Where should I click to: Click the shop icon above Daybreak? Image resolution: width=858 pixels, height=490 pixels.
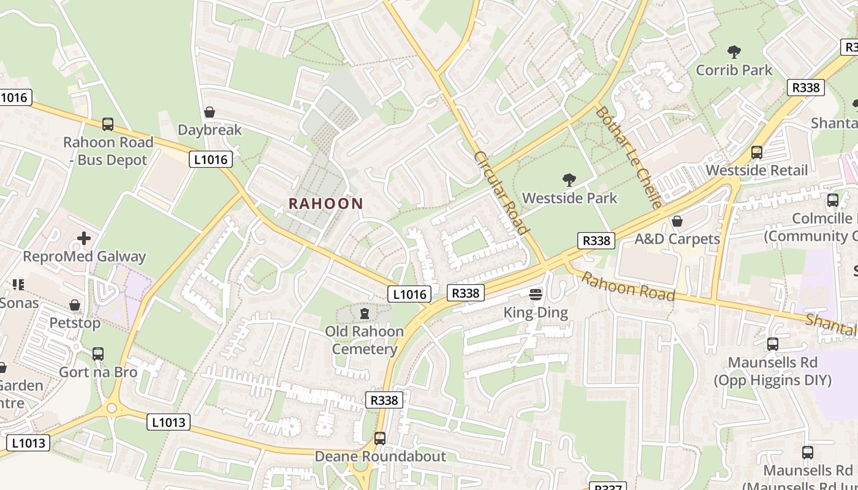coord(210,112)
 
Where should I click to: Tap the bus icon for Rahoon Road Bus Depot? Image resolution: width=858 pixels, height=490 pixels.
coord(108,124)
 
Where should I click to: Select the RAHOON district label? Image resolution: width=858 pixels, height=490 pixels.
coord(326,203)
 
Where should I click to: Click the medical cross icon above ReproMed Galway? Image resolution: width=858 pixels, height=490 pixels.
coord(84,238)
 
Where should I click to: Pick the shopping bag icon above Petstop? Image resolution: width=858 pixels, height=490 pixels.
coord(75,305)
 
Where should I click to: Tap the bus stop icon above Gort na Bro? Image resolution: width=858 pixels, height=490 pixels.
coord(98,354)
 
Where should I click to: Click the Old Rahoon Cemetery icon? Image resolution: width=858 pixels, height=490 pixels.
coord(365,314)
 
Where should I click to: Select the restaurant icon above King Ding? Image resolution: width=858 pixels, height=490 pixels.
coord(536,295)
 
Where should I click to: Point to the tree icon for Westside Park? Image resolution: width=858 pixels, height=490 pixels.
coord(569,180)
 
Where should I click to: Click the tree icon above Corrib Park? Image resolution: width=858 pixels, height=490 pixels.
coord(734,52)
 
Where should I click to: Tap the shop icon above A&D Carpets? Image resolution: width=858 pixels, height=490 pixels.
coord(677,221)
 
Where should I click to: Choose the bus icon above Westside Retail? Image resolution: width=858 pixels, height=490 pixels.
coord(757,153)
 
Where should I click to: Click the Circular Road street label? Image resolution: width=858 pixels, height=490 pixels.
coord(500,193)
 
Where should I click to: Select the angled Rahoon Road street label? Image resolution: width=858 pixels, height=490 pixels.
coord(628,287)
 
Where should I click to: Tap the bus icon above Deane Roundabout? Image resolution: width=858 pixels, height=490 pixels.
coord(380,439)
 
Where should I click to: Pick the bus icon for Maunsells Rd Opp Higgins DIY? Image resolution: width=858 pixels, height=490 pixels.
coord(773,344)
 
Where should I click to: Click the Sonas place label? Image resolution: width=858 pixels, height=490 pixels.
coord(19,303)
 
